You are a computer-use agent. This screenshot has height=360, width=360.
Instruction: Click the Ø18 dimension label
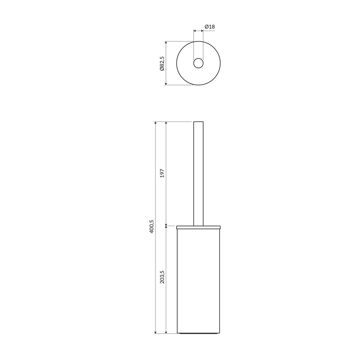(x=210, y=27)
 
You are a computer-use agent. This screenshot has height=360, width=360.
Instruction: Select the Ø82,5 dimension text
(x=162, y=63)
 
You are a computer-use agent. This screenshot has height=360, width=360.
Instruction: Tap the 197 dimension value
(x=162, y=173)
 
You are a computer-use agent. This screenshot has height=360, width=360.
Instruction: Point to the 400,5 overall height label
(x=152, y=226)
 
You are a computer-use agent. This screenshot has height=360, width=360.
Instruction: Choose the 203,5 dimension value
(x=162, y=276)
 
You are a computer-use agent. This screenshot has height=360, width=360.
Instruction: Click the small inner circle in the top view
(x=198, y=63)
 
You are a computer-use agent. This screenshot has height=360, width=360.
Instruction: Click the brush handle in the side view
(x=198, y=174)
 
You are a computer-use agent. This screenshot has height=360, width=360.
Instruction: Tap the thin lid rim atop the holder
(x=198, y=228)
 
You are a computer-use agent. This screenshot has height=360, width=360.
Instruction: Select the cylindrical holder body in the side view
(x=198, y=280)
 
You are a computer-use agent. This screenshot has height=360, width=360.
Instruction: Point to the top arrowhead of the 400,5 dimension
(x=156, y=123)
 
